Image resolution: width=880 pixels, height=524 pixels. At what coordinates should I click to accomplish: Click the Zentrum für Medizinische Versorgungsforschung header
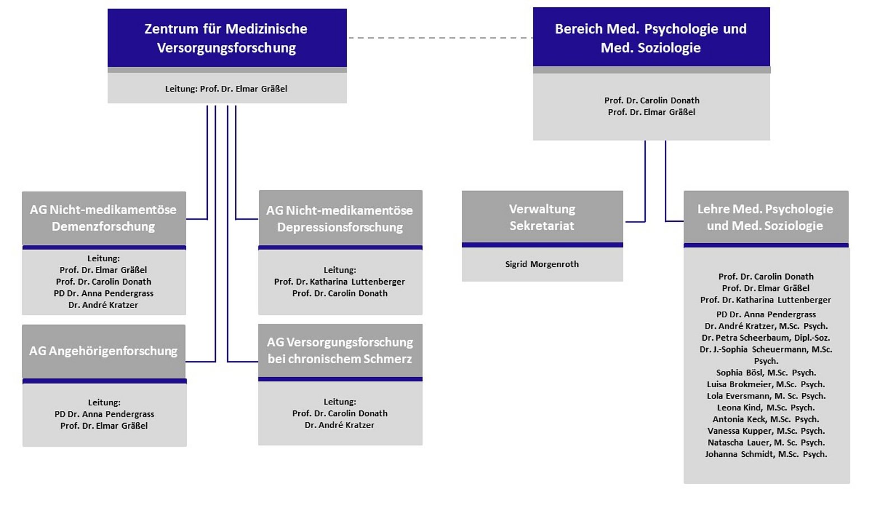226,38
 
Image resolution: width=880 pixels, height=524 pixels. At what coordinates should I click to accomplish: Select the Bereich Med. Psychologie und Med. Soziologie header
651,38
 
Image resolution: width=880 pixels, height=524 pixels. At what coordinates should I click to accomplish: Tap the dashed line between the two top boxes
440,38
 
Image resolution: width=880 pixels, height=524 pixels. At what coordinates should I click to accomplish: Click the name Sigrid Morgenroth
541,264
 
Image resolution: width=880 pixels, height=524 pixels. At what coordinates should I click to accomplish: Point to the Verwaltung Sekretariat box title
541,217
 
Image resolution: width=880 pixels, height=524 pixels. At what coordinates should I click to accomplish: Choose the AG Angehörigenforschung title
103,351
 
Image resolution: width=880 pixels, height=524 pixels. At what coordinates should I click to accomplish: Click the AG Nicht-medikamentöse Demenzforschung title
103,218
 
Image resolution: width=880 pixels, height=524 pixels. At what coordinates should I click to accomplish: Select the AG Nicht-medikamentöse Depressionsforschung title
340,219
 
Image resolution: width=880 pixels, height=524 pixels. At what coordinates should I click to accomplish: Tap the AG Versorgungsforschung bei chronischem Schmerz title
340,350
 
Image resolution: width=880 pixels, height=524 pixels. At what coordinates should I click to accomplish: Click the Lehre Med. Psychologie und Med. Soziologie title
765,217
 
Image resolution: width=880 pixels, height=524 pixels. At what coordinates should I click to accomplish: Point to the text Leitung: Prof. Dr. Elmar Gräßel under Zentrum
226,89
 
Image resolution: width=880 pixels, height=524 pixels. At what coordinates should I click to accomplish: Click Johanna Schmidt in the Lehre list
766,454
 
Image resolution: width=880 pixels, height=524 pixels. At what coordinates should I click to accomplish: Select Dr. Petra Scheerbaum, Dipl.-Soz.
766,337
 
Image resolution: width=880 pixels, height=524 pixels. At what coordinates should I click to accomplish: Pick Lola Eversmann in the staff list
766,396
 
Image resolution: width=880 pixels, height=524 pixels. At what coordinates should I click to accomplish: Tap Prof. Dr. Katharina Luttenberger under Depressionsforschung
340,281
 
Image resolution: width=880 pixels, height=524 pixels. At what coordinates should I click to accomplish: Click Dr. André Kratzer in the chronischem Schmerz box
340,425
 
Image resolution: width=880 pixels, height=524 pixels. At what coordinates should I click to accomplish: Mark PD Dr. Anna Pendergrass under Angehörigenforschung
104,414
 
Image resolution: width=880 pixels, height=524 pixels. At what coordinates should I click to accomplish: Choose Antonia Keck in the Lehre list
766,419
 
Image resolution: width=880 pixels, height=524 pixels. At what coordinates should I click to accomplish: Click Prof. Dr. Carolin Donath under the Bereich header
651,100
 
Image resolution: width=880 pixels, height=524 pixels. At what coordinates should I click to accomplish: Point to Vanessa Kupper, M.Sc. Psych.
766,431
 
